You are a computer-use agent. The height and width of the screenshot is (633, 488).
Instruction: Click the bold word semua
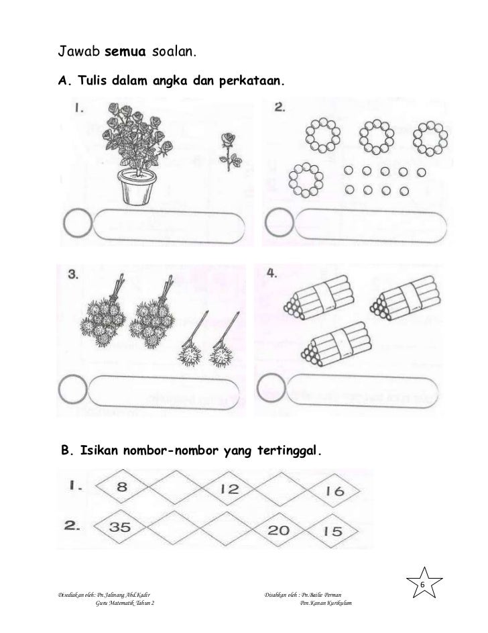(125, 52)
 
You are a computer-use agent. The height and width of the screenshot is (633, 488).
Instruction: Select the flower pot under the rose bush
(137, 187)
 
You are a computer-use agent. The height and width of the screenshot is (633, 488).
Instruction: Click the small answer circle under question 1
(77, 222)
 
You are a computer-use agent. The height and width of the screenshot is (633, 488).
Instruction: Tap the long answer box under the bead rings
(370, 226)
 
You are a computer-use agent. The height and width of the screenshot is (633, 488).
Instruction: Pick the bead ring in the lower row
(306, 180)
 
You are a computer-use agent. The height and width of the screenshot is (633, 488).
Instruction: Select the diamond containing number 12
(228, 489)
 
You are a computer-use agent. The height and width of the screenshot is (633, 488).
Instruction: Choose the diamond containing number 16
(334, 491)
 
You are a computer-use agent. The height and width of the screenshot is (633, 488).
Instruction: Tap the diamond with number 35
(121, 526)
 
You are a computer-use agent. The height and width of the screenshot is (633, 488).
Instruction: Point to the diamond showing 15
(332, 531)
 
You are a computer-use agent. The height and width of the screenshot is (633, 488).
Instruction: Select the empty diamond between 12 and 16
(281, 490)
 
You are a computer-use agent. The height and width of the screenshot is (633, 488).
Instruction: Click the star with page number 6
(424, 583)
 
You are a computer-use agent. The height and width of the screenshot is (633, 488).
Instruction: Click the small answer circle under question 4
(271, 387)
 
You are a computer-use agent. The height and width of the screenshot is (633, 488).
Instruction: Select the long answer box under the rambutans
(163, 392)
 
